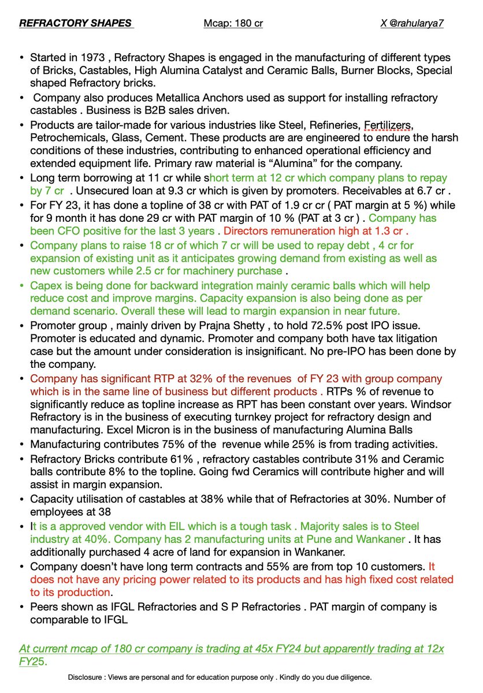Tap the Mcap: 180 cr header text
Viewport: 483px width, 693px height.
(233, 24)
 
